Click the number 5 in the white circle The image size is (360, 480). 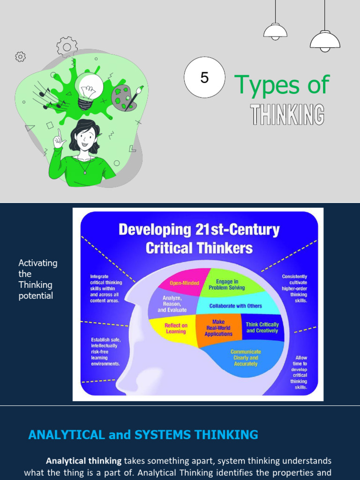click(x=204, y=77)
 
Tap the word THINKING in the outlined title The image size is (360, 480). click(x=287, y=115)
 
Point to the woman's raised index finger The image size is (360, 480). click(x=60, y=134)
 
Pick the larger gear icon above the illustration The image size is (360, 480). click(x=67, y=46)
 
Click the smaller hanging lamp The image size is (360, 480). click(x=275, y=32)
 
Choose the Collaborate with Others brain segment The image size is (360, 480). click(x=235, y=306)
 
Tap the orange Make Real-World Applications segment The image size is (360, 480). click(x=218, y=328)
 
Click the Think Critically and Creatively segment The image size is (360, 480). click(x=262, y=328)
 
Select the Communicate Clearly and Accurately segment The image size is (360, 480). click(x=245, y=358)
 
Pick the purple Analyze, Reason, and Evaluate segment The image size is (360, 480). click(x=174, y=304)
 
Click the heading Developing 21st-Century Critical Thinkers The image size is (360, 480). click(x=199, y=239)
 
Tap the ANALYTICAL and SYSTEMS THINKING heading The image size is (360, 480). click(x=143, y=435)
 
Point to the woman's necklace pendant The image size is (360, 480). click(x=85, y=171)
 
